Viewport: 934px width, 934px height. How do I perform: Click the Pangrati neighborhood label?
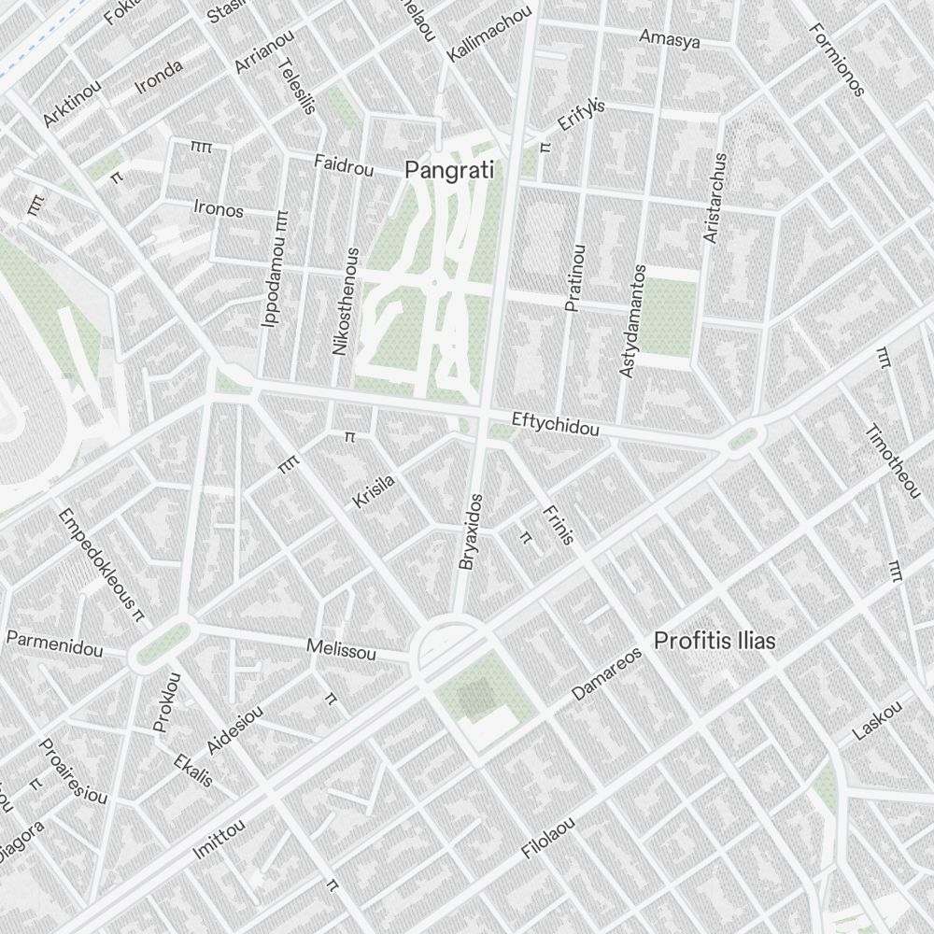pos(448,171)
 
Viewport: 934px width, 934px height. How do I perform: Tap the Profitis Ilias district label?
pos(715,642)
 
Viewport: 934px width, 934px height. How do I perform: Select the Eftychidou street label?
pos(555,424)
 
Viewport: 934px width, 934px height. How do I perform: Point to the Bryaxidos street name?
pos(470,531)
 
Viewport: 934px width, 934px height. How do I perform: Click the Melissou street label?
pos(341,650)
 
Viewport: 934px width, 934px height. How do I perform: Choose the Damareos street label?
pos(607,674)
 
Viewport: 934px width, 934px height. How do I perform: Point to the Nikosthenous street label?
pos(344,301)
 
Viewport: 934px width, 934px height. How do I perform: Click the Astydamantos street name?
pos(632,320)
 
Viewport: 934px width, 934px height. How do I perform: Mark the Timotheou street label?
pos(892,460)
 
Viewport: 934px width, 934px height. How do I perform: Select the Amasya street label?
pos(669,38)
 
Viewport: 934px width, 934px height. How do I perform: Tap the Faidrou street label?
pos(344,167)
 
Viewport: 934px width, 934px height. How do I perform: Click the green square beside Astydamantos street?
pos(669,318)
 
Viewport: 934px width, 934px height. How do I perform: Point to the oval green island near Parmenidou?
pos(161,643)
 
